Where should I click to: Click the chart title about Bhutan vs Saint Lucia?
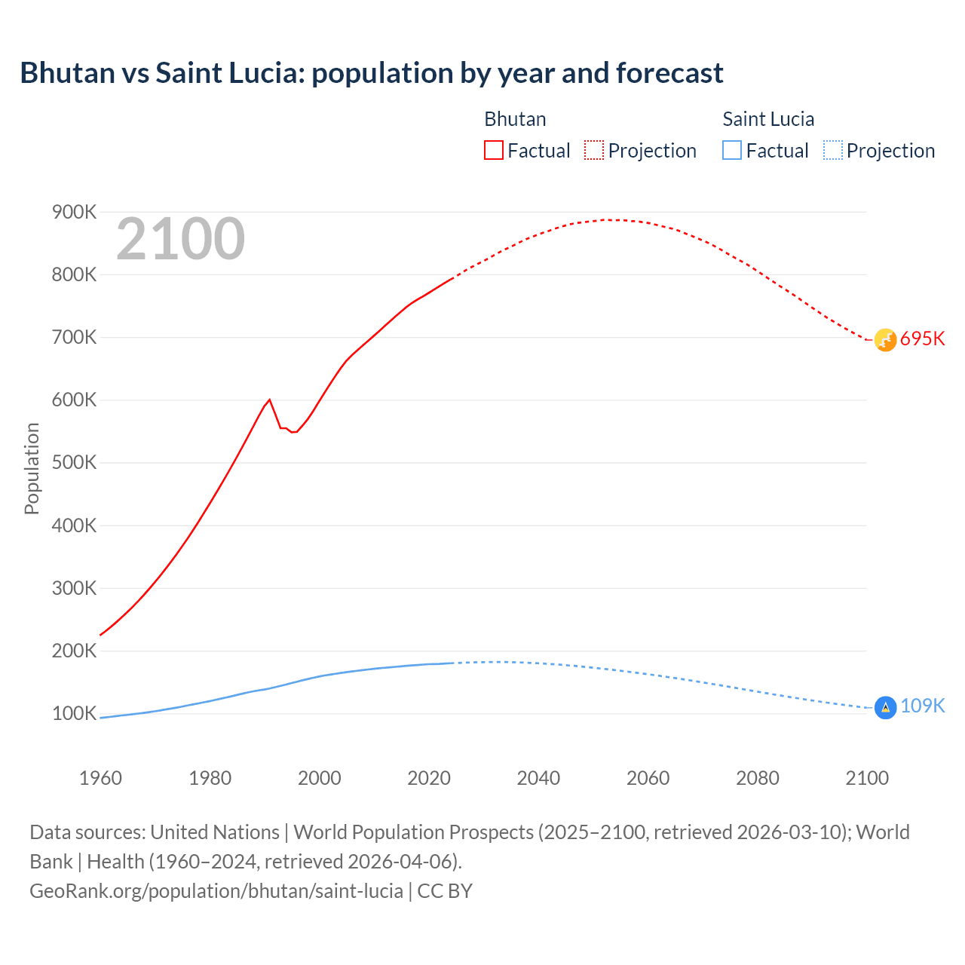coord(371,73)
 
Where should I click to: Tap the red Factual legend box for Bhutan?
coord(493,150)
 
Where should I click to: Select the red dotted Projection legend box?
coord(593,150)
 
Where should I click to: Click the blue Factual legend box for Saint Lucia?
coord(731,150)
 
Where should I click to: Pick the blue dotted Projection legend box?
coord(832,150)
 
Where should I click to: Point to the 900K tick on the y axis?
coord(74,213)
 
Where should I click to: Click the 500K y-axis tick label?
coord(74,463)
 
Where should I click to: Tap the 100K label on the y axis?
coord(74,713)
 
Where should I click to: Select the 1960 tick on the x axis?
coord(100,778)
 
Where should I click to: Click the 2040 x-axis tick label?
coord(538,778)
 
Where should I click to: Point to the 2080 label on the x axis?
coord(757,778)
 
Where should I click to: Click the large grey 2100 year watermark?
coord(180,239)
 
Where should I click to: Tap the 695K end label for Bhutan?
coord(922,339)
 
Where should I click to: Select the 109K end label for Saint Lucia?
coord(922,706)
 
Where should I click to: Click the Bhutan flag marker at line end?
coord(885,340)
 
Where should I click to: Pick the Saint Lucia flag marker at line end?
coord(885,708)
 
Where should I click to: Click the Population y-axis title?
coord(32,468)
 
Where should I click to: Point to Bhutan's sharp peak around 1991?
coord(269,400)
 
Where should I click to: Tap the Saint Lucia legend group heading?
coord(767,119)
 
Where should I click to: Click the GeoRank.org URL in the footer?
coord(216,891)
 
